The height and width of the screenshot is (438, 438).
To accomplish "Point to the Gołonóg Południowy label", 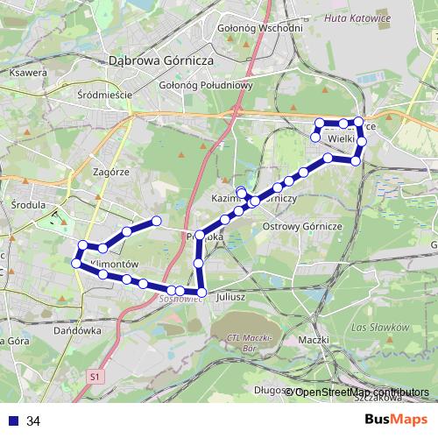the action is [x=207, y=85].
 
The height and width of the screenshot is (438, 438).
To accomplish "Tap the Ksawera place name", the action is [x=28, y=73].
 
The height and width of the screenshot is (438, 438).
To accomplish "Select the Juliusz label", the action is [x=233, y=297].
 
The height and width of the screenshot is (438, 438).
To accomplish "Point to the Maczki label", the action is [x=313, y=339].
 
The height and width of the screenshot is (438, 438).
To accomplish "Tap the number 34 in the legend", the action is [x=34, y=420].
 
